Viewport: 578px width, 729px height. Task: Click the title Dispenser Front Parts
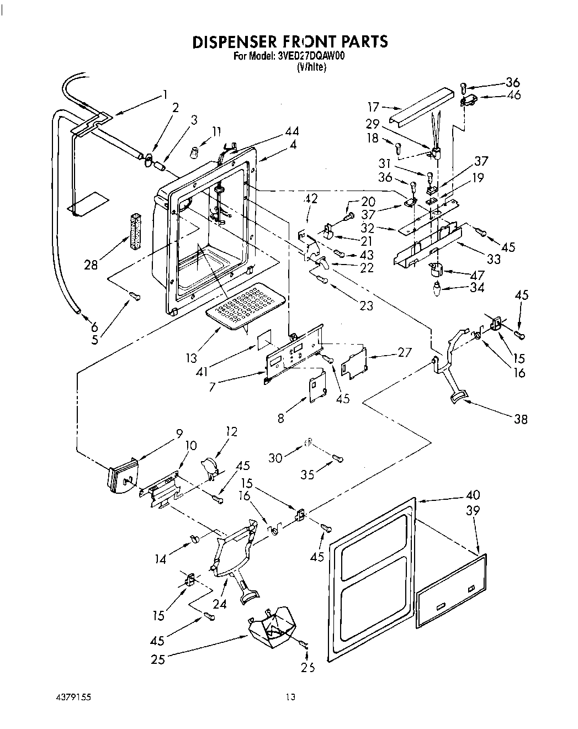tap(289, 42)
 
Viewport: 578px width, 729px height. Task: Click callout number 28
tap(91, 265)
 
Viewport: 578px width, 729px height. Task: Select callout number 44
tap(293, 131)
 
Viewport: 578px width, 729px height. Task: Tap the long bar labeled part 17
tap(418, 113)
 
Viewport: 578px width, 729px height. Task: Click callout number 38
tap(520, 419)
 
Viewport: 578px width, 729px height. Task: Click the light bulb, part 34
tap(436, 288)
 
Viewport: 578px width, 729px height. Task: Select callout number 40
tap(473, 495)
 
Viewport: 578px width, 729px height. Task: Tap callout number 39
tap(473, 511)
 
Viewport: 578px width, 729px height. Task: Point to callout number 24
tap(220, 604)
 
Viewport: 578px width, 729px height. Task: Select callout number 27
tap(404, 352)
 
